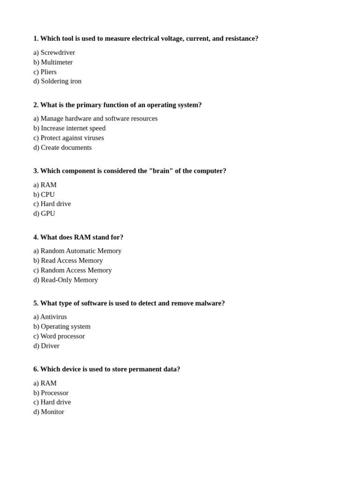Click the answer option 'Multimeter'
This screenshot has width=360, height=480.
(56, 62)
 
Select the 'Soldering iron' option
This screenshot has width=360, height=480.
(61, 81)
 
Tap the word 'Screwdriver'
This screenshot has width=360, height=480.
(58, 52)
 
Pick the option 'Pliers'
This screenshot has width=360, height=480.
(48, 72)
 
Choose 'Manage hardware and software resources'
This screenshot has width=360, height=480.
(99, 119)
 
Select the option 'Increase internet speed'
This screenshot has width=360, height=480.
(73, 128)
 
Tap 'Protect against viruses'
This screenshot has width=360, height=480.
(72, 138)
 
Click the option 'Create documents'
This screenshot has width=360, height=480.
(66, 148)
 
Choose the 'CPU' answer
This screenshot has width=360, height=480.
(47, 195)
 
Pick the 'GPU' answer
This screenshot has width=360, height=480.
(48, 214)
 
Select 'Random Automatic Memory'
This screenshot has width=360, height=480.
(81, 251)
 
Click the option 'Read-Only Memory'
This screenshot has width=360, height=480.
(69, 280)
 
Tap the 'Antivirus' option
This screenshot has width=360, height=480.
(53, 317)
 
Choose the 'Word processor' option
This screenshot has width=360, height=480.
(62, 336)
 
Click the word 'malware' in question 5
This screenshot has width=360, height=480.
(209, 303)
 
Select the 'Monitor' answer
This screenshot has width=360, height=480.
(52, 412)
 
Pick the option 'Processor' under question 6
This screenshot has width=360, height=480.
(54, 393)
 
